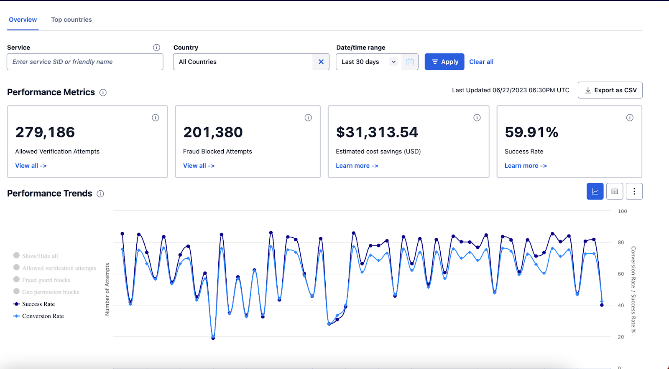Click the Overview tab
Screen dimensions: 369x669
click(x=23, y=20)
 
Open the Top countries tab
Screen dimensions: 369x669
click(x=71, y=20)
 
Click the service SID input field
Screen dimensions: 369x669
click(x=85, y=62)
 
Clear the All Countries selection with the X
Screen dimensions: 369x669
click(x=321, y=62)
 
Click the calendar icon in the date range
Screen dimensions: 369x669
click(x=410, y=62)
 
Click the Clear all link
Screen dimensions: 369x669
click(x=481, y=62)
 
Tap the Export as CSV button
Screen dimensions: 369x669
click(x=610, y=90)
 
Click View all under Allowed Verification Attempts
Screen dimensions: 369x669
click(x=31, y=166)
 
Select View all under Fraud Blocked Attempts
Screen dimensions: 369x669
click(x=199, y=166)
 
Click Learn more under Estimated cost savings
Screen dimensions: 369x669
click(x=357, y=166)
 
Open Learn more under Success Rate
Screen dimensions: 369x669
click(x=526, y=166)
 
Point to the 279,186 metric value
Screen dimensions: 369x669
click(x=45, y=132)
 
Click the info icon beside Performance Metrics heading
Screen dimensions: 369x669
click(x=103, y=93)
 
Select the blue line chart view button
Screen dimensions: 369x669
click(x=595, y=192)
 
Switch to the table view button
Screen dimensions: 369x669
click(x=615, y=192)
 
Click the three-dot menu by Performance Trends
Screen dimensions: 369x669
click(x=634, y=192)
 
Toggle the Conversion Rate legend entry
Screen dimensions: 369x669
click(x=43, y=316)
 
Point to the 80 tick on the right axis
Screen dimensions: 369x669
click(x=621, y=243)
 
